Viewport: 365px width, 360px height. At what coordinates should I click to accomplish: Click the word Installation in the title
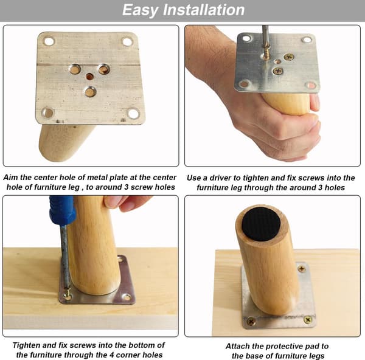tap(204, 10)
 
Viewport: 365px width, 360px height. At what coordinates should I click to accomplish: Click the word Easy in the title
tap(140, 10)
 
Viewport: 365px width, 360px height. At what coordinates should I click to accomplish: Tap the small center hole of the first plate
tap(89, 77)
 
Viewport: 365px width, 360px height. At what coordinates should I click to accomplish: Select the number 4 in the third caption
tap(111, 355)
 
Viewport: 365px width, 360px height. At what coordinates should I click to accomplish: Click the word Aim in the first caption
tap(11, 178)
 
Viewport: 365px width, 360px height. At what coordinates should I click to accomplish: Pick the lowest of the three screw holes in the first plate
tap(90, 92)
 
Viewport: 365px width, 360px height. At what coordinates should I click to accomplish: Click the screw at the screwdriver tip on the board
tap(68, 294)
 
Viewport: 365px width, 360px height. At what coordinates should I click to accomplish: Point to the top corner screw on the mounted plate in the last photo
tap(302, 269)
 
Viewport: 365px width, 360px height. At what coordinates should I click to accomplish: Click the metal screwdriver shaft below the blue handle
tap(65, 256)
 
